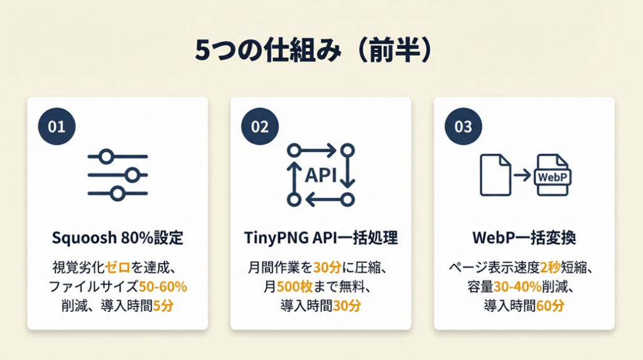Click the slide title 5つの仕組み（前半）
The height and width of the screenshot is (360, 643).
314,50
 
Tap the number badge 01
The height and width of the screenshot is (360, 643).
57,126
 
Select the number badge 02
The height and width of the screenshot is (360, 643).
260,126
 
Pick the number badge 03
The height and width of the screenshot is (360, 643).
463,126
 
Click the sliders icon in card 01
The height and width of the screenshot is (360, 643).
117,175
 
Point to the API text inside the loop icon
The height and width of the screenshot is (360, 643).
321,175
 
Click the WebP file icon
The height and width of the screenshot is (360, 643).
553,175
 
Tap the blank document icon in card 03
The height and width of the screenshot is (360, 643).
495,175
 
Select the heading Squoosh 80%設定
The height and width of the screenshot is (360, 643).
117,237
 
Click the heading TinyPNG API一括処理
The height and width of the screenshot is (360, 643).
321,237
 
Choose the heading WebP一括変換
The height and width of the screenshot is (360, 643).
524,237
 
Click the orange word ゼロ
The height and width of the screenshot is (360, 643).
117,268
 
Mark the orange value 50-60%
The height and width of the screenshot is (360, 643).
163,286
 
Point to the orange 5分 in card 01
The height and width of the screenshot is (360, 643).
163,305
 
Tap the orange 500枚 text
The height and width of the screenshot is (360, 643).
295,286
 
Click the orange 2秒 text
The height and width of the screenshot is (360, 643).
550,268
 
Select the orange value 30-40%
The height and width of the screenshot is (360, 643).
517,286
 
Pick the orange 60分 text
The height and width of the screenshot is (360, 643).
550,305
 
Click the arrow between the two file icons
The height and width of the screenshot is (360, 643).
522,175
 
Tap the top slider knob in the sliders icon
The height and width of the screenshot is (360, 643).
107,156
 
